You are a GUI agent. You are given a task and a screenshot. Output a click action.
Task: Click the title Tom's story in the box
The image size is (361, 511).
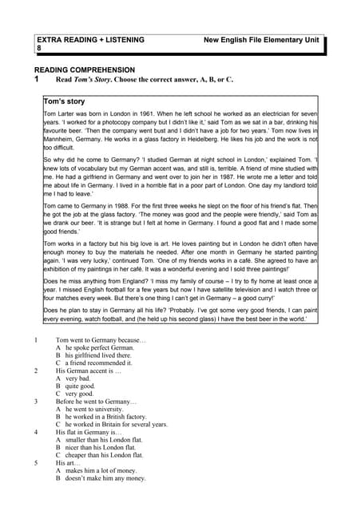point(65,102)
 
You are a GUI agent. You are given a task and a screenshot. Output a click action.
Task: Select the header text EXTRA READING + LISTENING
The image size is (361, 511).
point(90,38)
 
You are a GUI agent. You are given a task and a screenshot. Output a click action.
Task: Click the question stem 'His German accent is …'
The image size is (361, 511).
point(89,370)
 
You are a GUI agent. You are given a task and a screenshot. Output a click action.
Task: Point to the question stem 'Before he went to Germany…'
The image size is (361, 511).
point(97,401)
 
